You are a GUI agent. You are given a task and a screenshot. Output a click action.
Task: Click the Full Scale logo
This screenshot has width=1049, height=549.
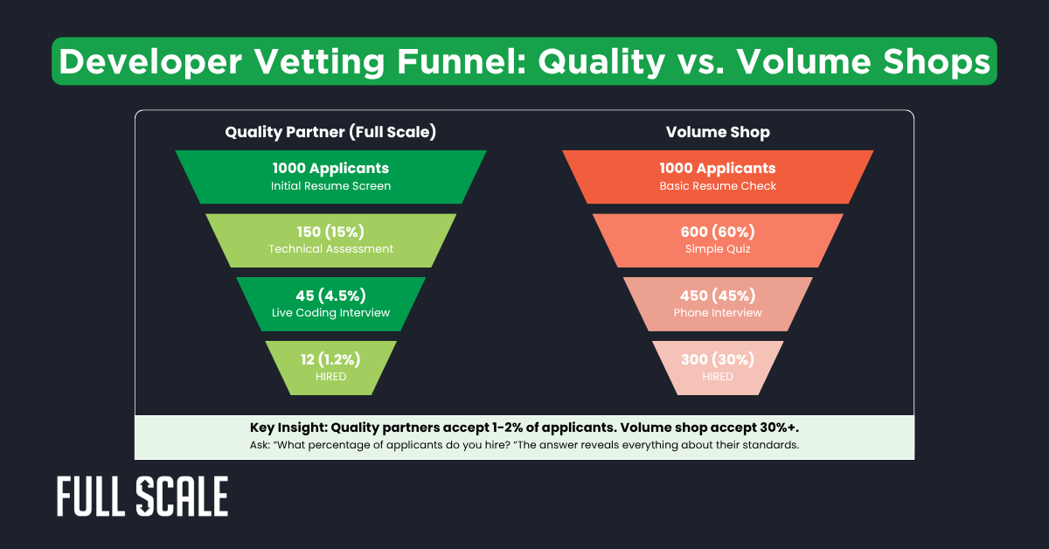pos(142,497)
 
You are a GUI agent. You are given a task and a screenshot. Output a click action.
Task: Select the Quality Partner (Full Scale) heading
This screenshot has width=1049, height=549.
pos(330,132)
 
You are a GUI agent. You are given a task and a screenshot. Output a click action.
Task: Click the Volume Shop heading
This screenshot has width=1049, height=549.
pos(717,132)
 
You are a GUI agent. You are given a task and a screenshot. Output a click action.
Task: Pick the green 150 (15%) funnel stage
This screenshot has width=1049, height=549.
pos(330,240)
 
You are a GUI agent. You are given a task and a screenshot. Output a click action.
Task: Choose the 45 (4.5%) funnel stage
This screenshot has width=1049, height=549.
pos(330,303)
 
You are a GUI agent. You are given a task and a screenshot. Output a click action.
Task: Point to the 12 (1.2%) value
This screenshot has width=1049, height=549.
pos(330,359)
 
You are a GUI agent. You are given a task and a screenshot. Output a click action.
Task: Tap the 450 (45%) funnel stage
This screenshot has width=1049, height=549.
pos(718,303)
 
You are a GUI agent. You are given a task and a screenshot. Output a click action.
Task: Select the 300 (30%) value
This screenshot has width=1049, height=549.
pos(718,359)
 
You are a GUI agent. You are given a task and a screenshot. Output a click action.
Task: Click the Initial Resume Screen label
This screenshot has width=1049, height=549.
pos(330,186)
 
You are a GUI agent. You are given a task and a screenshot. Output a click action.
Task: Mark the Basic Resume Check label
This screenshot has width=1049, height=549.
pos(718,186)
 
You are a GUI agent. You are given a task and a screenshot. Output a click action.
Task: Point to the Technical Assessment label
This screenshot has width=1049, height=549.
pos(330,249)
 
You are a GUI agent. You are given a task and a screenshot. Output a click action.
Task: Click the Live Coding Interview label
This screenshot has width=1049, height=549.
pos(330,313)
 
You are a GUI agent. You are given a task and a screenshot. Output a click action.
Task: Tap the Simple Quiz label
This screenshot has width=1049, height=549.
pos(718,249)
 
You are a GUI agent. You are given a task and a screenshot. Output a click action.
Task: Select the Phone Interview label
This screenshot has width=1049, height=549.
pos(718,313)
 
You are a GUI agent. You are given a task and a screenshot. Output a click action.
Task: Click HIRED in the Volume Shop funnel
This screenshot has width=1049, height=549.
pos(718,376)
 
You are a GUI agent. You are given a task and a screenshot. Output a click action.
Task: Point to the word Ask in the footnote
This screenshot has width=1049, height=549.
pos(261,446)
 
